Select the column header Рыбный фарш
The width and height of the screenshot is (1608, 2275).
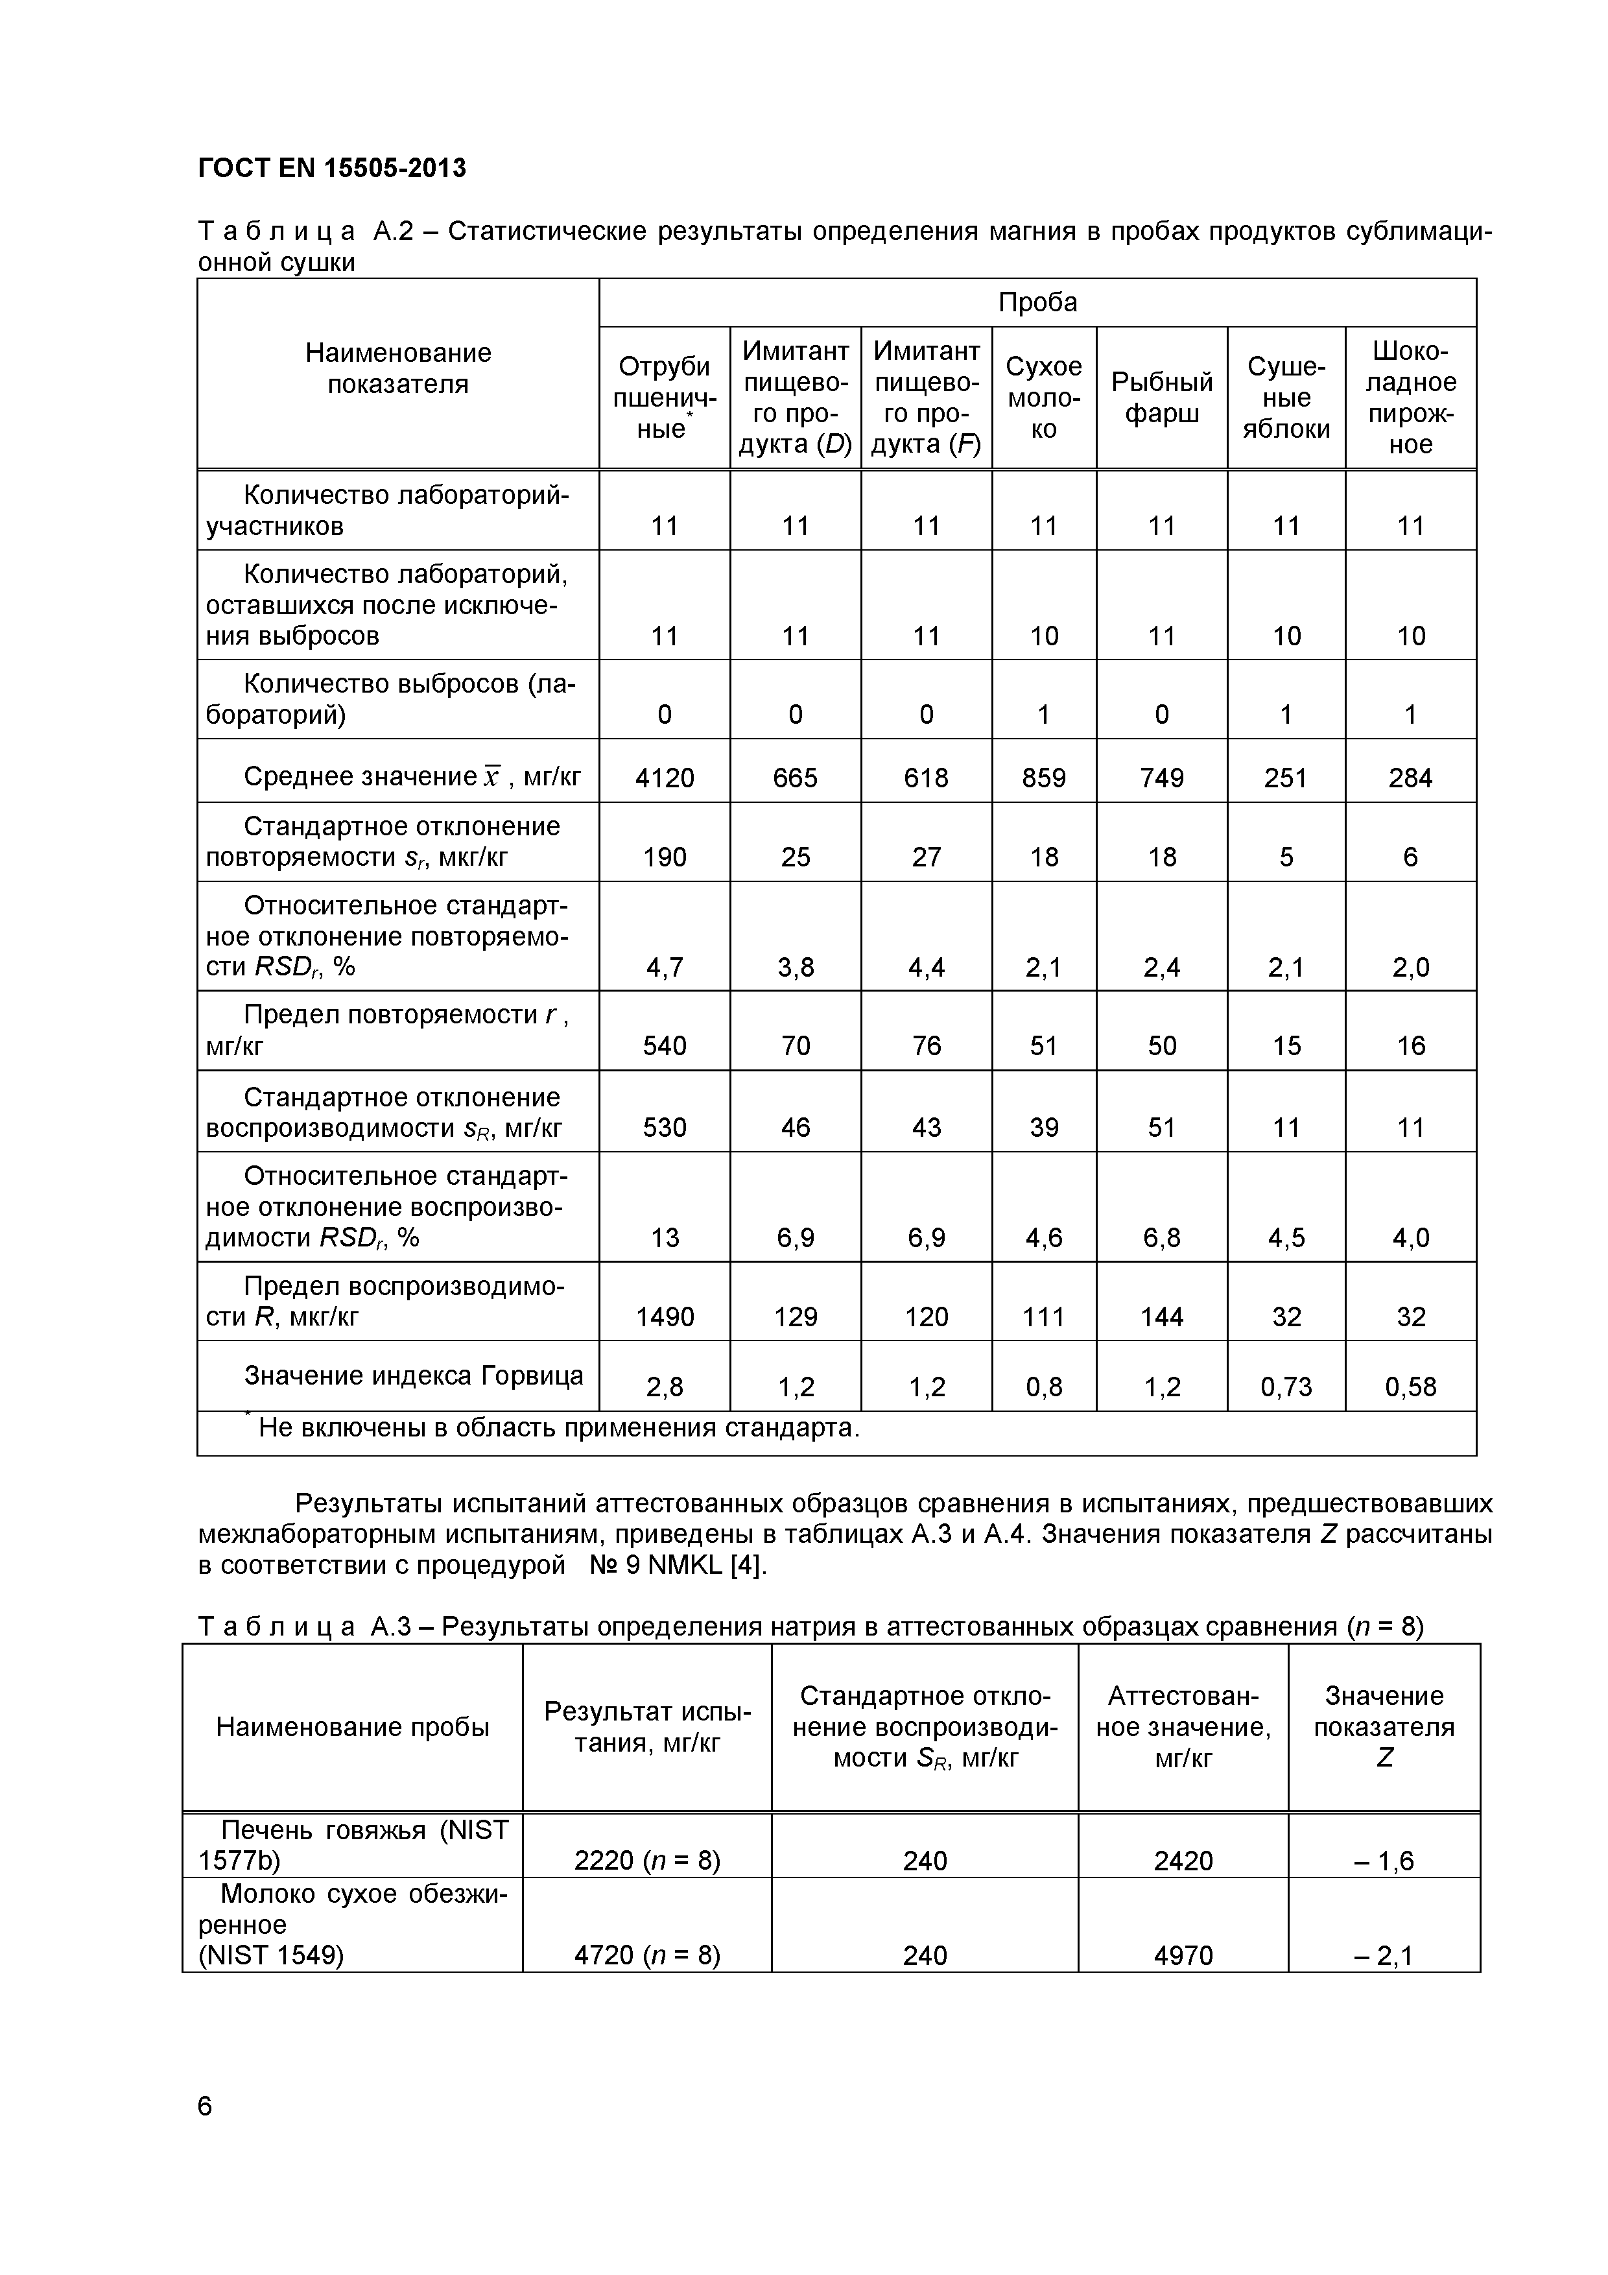tap(1161, 398)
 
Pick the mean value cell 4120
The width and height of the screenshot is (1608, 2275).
tap(664, 778)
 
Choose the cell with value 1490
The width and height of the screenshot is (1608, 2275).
tap(664, 1317)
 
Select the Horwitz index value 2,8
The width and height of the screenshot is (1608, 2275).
tap(664, 1386)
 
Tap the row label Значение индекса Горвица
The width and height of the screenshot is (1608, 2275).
tap(413, 1376)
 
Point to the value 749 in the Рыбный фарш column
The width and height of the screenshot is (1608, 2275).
tap(1161, 778)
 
